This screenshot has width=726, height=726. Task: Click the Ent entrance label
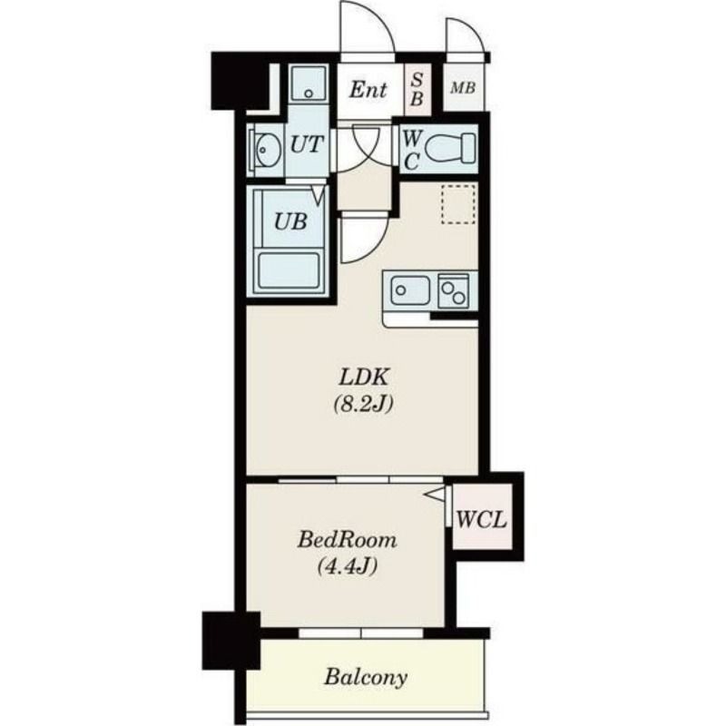(x=368, y=89)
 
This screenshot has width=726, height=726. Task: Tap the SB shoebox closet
(x=417, y=89)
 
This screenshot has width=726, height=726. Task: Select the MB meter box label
(x=463, y=87)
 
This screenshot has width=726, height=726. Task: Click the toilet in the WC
(x=449, y=148)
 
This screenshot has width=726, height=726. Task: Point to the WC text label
(x=412, y=149)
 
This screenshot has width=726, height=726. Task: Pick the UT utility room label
(x=306, y=144)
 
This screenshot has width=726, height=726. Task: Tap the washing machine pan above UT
(x=309, y=83)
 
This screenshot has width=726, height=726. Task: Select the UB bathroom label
(x=290, y=221)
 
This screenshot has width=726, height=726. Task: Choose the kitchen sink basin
(x=410, y=289)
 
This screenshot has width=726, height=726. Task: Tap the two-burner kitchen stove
(x=453, y=290)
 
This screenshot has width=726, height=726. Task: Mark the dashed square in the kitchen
(x=458, y=203)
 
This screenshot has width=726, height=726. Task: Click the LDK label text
(x=364, y=378)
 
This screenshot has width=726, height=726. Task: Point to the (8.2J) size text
(x=364, y=404)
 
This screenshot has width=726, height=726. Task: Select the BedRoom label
(x=347, y=539)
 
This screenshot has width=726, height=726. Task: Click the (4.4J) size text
(x=347, y=565)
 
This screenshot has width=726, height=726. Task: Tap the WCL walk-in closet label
(x=482, y=519)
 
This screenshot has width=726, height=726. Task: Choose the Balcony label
(x=366, y=677)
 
